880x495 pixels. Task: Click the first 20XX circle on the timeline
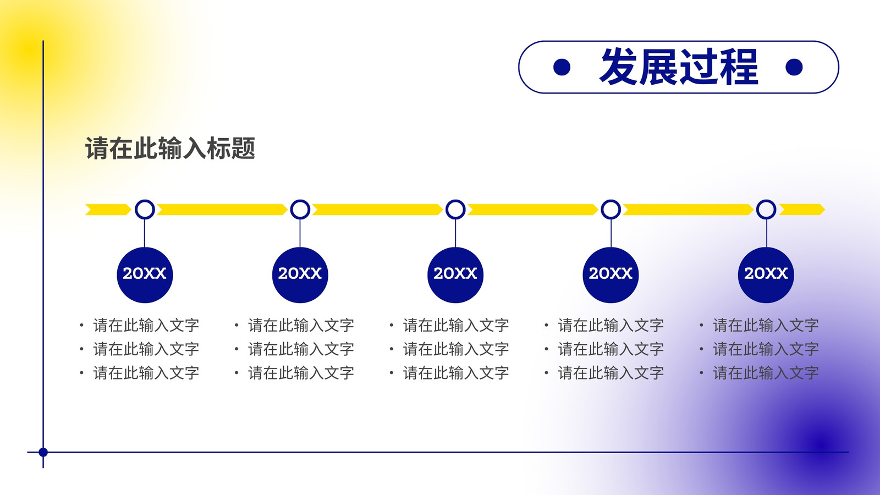tap(145, 275)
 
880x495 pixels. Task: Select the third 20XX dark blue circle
tap(455, 275)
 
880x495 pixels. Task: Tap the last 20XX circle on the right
tap(766, 275)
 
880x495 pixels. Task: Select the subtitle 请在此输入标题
tap(170, 148)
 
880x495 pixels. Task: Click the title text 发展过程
tap(679, 67)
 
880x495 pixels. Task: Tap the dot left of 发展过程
tap(562, 67)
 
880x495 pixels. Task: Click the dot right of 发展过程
tap(794, 67)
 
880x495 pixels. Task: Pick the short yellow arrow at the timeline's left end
tap(108, 210)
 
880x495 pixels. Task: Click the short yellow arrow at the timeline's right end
tap(802, 210)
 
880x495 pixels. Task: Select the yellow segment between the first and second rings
tap(222, 210)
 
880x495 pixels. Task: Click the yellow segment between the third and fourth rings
tap(533, 210)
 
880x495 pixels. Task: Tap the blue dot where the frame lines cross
tap(43, 452)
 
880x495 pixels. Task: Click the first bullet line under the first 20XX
tap(140, 325)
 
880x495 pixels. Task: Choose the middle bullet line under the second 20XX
tap(295, 349)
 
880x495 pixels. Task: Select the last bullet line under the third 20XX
tap(450, 373)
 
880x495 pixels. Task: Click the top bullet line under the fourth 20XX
tap(605, 325)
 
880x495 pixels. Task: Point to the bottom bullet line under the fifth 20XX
tap(760, 373)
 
